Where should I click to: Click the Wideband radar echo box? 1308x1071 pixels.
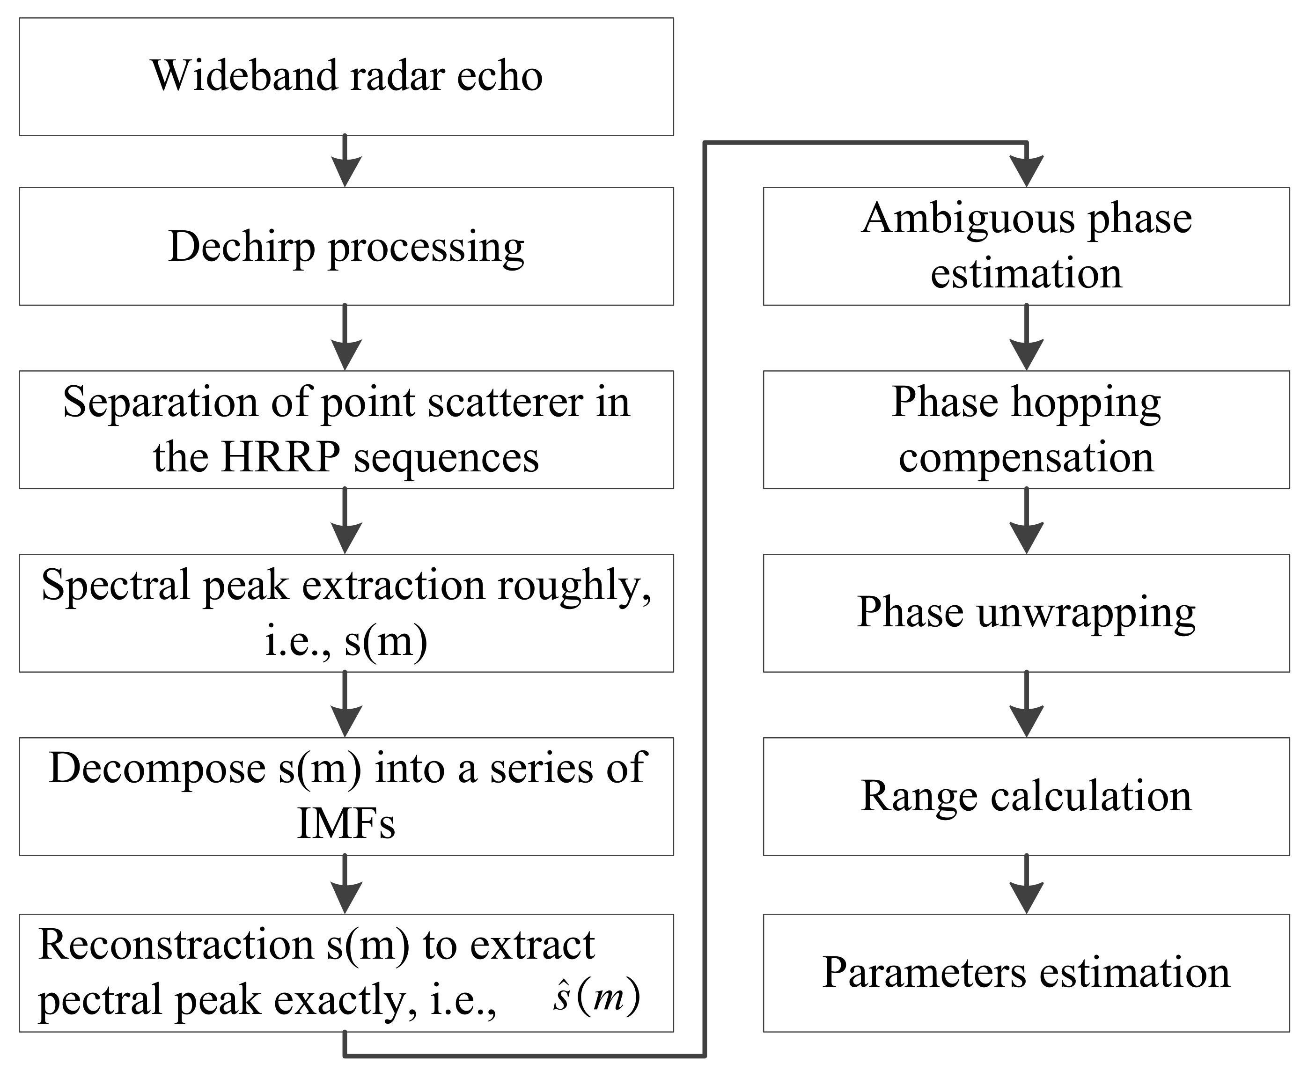(346, 76)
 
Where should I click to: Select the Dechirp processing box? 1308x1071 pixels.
(346, 246)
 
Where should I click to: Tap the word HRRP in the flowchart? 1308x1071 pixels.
(281, 458)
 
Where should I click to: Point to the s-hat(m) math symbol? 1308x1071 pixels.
(596, 997)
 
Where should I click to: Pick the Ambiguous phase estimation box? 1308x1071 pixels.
(1026, 246)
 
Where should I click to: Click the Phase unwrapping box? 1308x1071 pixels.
(1026, 613)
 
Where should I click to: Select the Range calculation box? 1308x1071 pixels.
(1026, 796)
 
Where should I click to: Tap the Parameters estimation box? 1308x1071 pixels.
(1026, 973)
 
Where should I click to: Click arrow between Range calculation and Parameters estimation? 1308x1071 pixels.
(1026, 885)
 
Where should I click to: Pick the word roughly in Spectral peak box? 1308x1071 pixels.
(574, 586)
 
